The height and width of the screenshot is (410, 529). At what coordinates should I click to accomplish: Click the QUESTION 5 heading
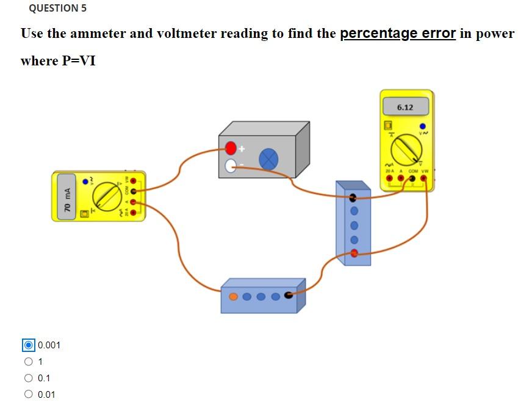(x=57, y=9)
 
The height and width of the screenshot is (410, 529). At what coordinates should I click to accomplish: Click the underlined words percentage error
(x=398, y=34)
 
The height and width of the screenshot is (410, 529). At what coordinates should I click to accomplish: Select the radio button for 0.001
(x=28, y=345)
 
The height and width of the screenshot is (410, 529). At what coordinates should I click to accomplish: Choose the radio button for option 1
(x=28, y=362)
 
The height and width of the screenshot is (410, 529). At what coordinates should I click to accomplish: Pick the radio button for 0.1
(x=28, y=378)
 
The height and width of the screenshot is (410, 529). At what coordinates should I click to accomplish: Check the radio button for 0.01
(x=28, y=395)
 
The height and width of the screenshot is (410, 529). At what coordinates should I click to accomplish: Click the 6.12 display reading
(x=405, y=108)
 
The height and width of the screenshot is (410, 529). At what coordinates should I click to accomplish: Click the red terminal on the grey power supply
(x=231, y=148)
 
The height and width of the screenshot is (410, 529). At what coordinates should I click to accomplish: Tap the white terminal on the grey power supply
(x=231, y=166)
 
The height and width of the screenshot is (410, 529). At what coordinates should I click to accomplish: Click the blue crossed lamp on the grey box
(x=268, y=159)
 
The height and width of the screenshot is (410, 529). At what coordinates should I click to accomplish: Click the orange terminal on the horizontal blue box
(x=234, y=297)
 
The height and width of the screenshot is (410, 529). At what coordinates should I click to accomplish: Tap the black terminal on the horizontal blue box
(x=289, y=296)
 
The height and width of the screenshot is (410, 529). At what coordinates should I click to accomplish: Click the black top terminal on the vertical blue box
(x=353, y=197)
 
